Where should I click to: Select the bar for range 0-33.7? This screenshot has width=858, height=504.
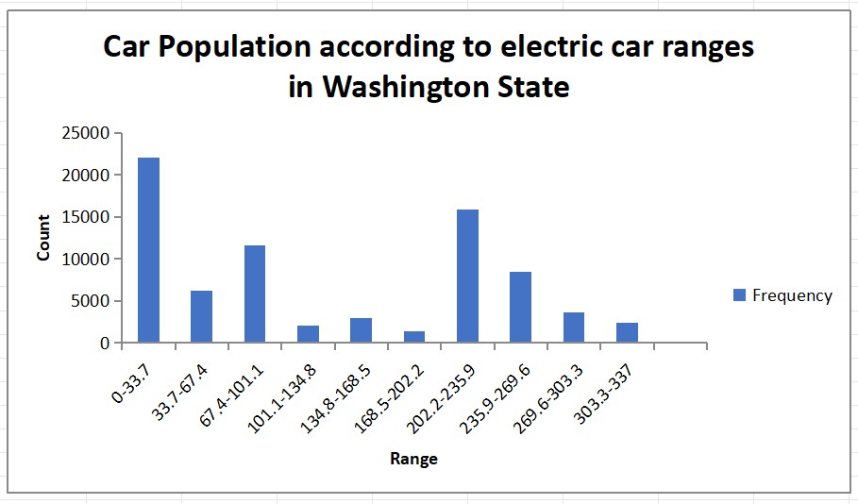148,250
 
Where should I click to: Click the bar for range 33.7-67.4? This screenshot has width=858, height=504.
201,316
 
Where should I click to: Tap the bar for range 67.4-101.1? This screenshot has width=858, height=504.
255,294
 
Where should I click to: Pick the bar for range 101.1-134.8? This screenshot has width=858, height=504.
308,334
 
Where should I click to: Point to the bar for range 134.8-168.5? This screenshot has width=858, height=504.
361,330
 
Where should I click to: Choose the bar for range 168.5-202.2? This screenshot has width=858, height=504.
414,337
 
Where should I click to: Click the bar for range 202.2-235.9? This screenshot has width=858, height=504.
467,276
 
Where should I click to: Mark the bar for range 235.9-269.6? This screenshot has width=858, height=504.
520,307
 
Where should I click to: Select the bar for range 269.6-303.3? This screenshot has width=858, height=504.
574,328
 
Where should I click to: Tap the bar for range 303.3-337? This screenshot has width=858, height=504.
627,332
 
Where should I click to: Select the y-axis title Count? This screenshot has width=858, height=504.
43,238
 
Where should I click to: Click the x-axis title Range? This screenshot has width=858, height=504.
413,460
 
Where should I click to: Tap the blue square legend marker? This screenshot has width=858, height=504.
739,295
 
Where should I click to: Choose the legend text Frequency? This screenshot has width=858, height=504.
792,295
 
